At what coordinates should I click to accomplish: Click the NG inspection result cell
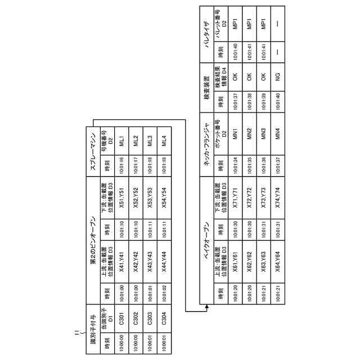277,77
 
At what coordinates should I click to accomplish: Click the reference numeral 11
77,334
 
